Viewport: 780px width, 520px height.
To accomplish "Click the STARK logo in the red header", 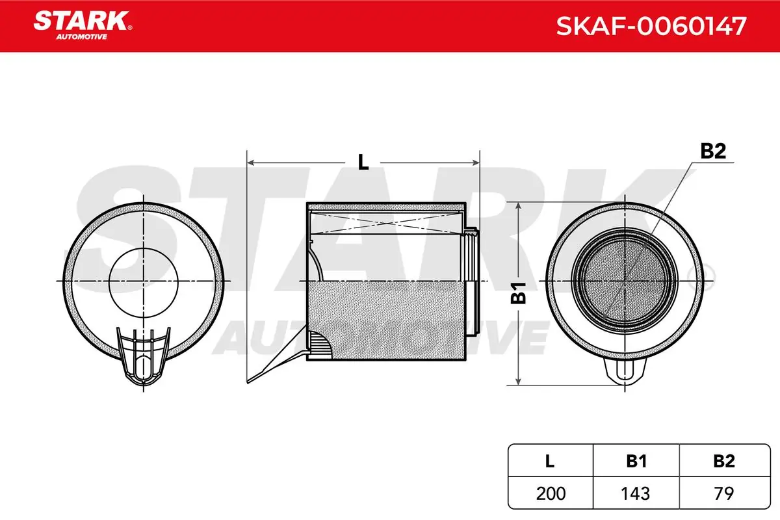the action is [83, 25].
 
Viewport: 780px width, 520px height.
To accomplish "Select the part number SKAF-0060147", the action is [651, 26].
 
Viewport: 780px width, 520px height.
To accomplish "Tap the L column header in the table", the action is [550, 461].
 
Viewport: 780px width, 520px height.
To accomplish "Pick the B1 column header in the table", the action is [636, 461].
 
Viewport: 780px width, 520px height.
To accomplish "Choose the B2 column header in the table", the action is [724, 461].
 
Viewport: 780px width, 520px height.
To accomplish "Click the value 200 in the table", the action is [551, 493].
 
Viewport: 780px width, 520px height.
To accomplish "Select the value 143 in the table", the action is [636, 493].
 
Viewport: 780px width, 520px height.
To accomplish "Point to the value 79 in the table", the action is [724, 493].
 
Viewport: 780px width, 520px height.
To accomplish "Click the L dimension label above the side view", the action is [363, 162].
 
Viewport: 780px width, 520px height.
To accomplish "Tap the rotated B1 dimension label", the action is [519, 293].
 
